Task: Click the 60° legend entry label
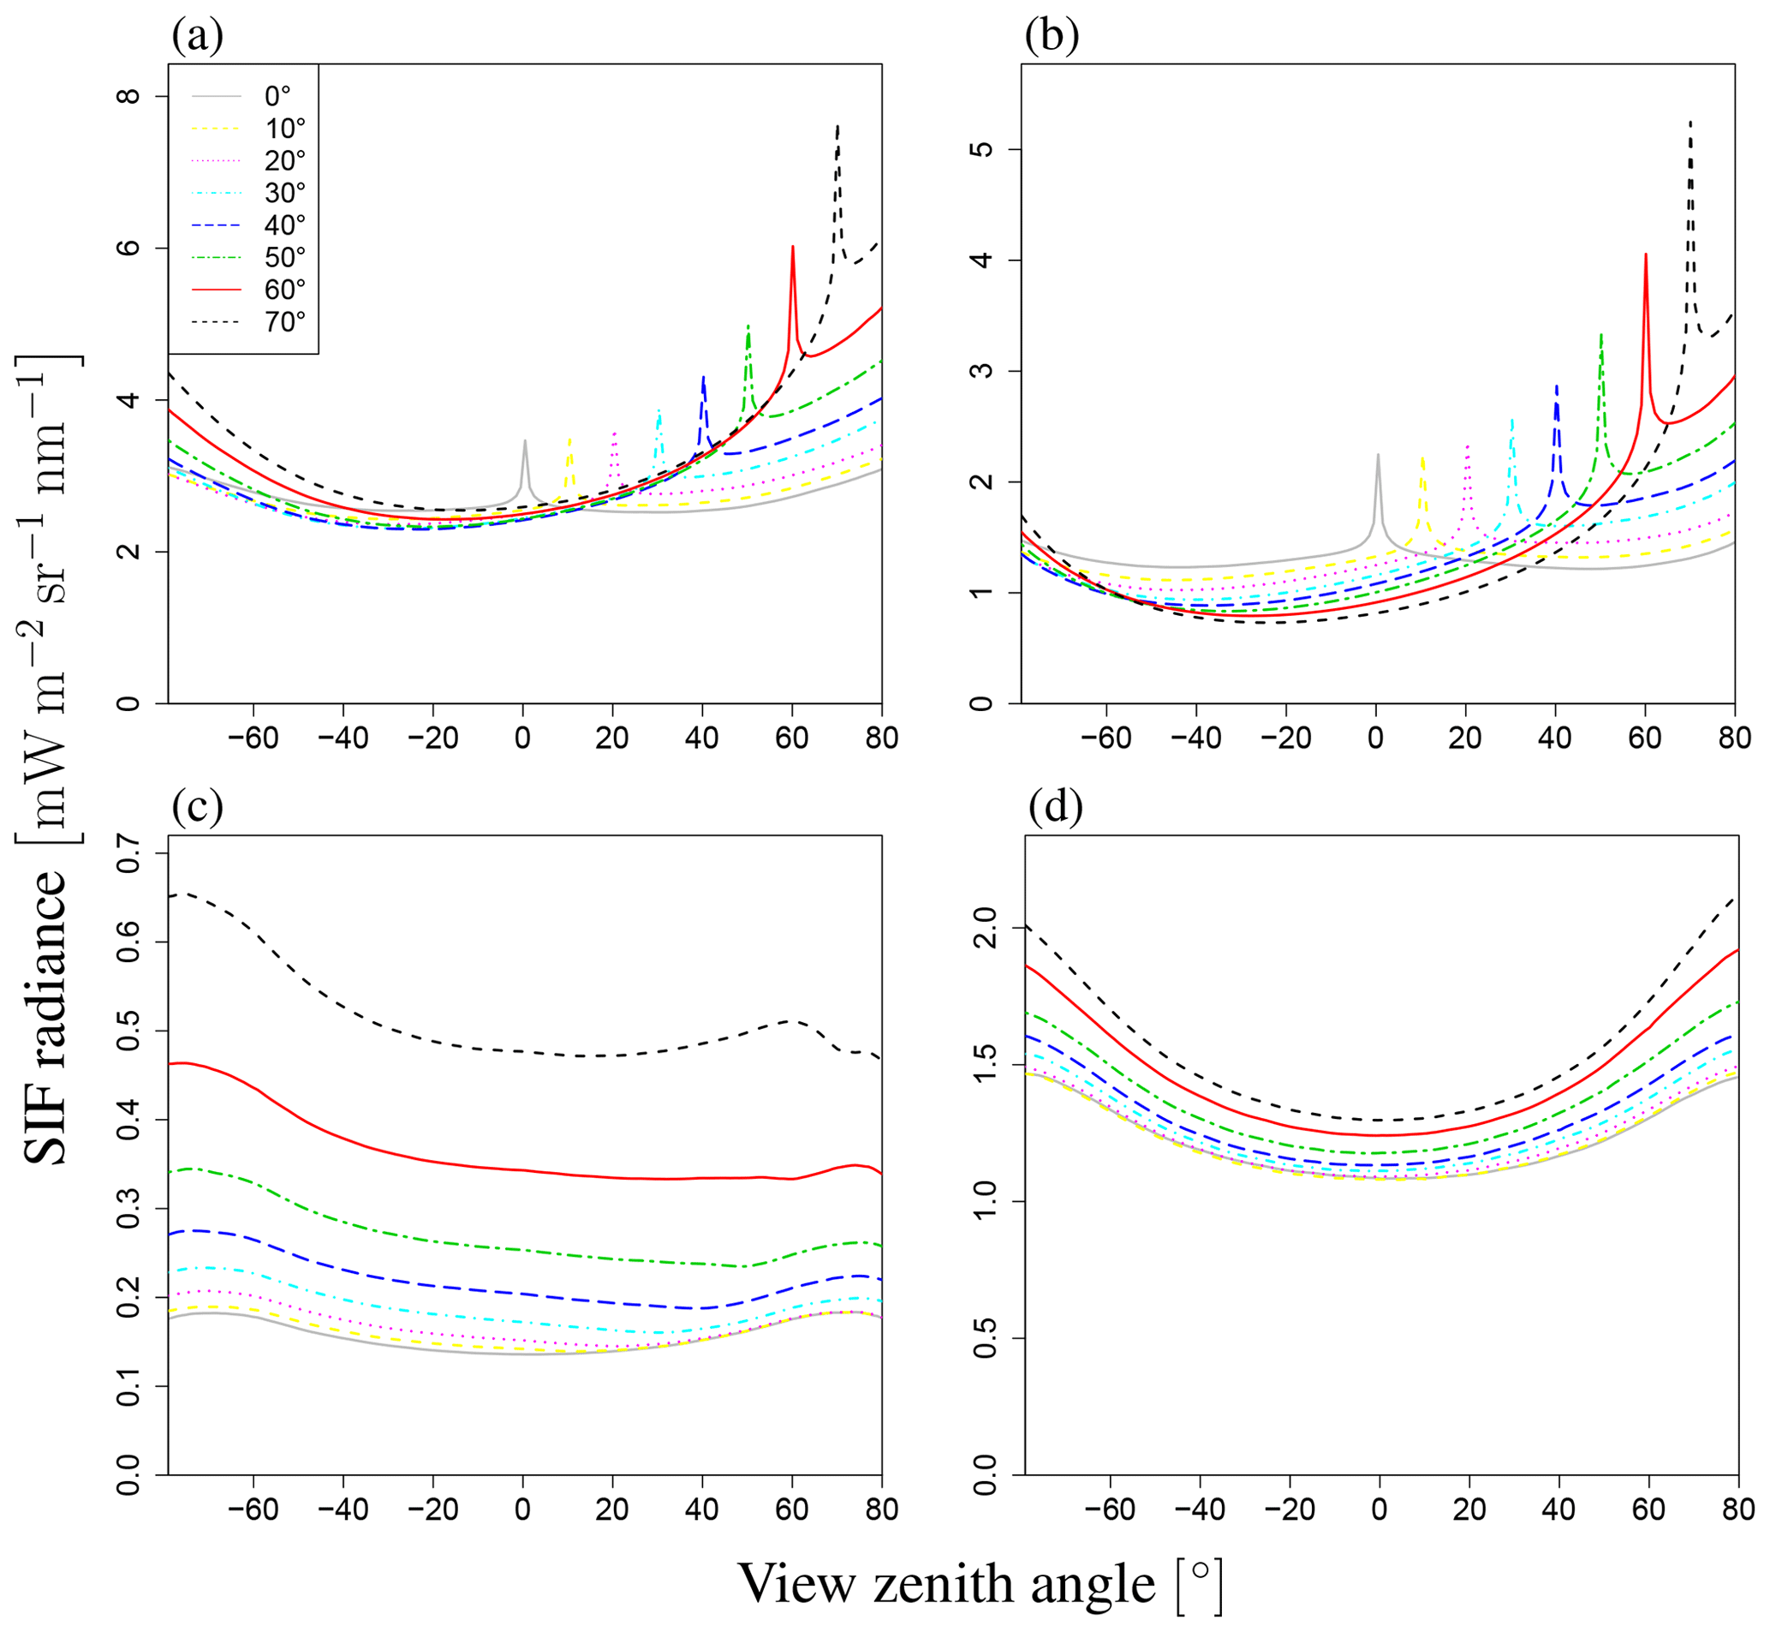point(284,290)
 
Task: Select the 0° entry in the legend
point(277,96)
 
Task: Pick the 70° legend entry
point(284,322)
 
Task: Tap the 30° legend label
point(284,193)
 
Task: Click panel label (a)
point(197,36)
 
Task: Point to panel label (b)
point(1052,36)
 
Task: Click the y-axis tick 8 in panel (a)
point(130,95)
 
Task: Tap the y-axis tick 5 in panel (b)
point(981,148)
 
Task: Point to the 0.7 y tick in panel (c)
point(130,852)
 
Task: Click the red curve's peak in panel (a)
point(793,248)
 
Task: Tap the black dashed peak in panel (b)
point(1690,123)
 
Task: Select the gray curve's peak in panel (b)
point(1377,456)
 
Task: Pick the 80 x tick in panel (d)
point(1737,1509)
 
